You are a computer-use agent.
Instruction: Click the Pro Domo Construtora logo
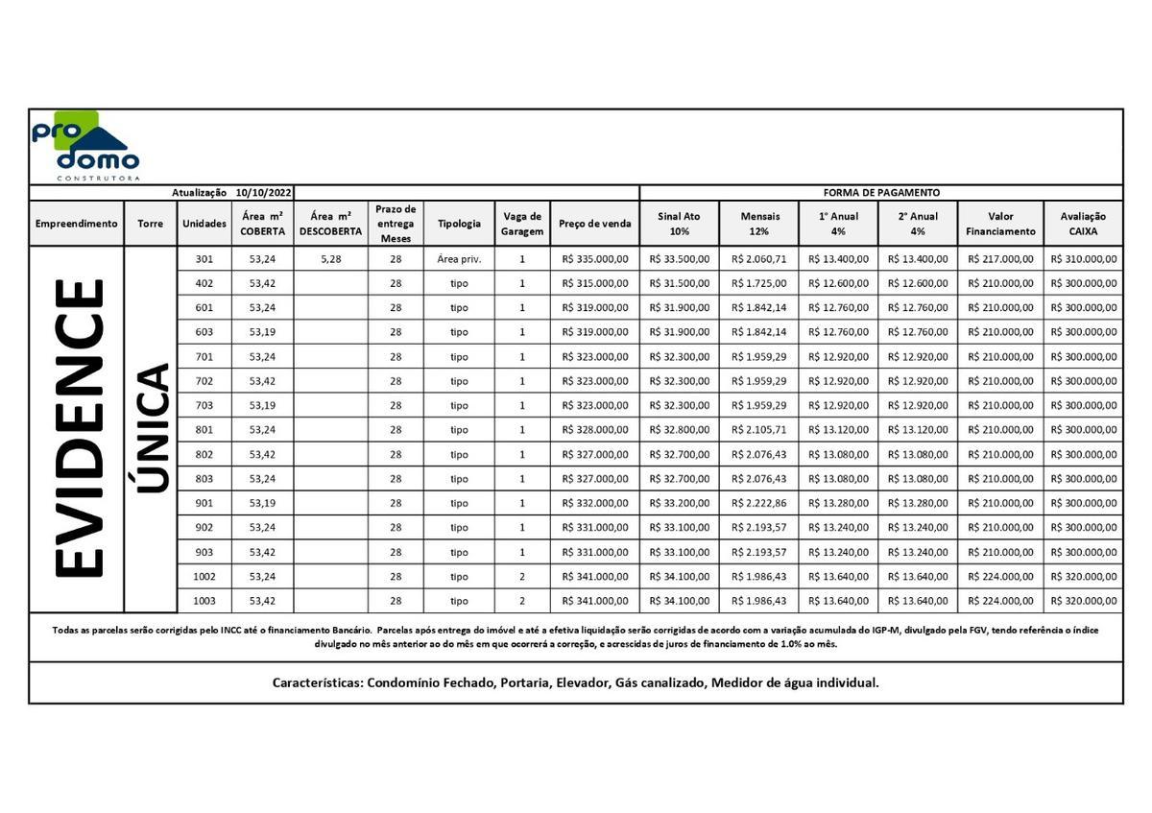pos(84,147)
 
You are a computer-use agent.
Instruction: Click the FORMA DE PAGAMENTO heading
pos(880,193)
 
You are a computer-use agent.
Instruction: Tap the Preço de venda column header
pos(594,224)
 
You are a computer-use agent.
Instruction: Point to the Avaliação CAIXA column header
pos(1082,224)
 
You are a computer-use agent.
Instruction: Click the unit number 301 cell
pos(204,259)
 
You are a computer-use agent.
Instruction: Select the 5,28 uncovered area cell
pos(330,259)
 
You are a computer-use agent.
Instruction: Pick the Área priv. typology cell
pos(459,259)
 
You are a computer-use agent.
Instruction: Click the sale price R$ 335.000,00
pos(594,259)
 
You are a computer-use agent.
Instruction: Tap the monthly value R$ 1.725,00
pos(759,284)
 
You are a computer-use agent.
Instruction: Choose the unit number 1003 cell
pos(204,601)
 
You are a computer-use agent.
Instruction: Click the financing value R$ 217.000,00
pos(1000,259)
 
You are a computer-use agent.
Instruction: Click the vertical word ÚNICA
pos(152,428)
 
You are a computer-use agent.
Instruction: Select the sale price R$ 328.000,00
pos(594,430)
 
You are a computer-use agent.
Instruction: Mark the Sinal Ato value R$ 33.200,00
pos(679,503)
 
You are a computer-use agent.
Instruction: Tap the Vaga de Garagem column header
pos(522,224)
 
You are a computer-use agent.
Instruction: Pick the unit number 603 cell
pos(204,332)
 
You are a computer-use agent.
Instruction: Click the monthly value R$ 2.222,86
pos(759,503)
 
